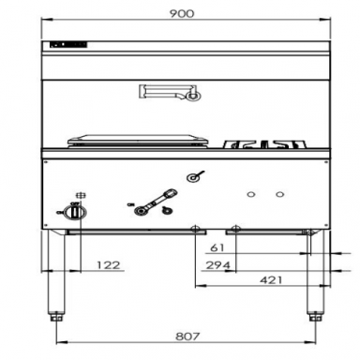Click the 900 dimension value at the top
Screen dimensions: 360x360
coord(184,14)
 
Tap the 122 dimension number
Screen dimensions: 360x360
coord(111,266)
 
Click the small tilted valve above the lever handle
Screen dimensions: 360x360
coord(195,175)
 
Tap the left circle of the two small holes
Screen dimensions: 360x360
coord(250,194)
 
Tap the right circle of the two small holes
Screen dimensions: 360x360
coord(279,194)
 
